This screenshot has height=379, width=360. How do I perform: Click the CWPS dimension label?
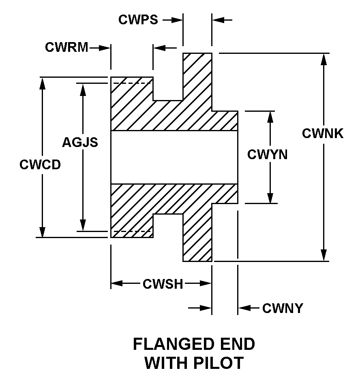click(x=138, y=20)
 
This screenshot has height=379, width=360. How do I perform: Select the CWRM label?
click(x=66, y=48)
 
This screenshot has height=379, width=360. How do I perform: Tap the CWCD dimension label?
click(x=40, y=165)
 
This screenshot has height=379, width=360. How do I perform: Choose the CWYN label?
click(x=268, y=154)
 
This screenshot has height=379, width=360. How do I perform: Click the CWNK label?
click(x=323, y=134)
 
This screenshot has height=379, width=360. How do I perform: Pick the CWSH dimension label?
click(x=163, y=284)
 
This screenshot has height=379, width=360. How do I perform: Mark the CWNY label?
click(x=283, y=309)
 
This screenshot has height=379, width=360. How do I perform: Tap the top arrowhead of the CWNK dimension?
click(x=324, y=59)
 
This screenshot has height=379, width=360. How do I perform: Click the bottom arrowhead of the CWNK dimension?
click(x=324, y=256)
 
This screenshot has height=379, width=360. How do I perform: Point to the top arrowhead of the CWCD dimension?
click(x=42, y=83)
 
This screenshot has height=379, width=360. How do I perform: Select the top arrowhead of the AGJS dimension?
click(x=83, y=89)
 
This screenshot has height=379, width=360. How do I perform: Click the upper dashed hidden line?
click(x=132, y=83)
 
